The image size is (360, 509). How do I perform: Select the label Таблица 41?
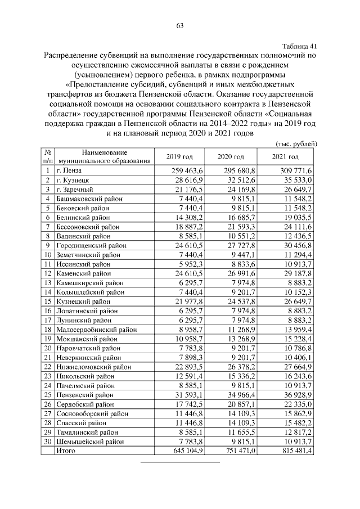click(x=299, y=46)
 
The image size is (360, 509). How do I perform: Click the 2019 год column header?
click(x=179, y=156)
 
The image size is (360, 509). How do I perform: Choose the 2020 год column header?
click(x=231, y=156)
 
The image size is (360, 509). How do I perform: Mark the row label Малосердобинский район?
click(x=93, y=329)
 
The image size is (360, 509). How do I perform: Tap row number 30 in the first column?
click(x=48, y=442)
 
